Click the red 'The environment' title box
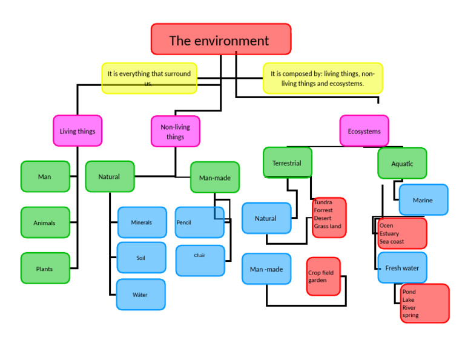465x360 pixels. [x=220, y=39]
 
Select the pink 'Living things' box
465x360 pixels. [x=77, y=131]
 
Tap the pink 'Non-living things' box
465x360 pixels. [x=175, y=132]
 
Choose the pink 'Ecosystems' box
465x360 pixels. [x=364, y=131]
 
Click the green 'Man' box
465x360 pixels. [x=45, y=176]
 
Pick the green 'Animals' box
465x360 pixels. [x=45, y=222]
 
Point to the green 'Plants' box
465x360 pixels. [x=45, y=268]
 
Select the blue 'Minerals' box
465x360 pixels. [x=142, y=222]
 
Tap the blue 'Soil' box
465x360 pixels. [x=141, y=258]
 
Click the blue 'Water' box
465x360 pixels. [x=140, y=295]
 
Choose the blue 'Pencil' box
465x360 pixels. [x=199, y=222]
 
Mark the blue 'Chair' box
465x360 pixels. [x=200, y=260]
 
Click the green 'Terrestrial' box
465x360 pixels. [x=287, y=163]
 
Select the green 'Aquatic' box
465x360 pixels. [x=402, y=164]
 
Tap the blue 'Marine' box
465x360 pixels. [x=423, y=200]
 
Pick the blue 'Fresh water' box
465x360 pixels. [x=402, y=268]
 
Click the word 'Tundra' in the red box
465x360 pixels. [x=323, y=202]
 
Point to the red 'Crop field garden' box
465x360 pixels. [x=323, y=276]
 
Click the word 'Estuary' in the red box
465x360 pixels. [x=389, y=233]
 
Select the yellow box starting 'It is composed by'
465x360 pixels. [x=323, y=78]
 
